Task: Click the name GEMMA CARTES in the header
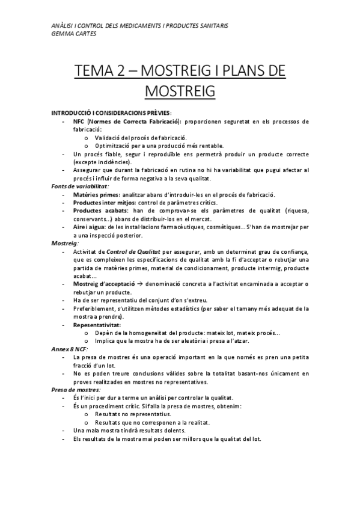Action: click(75, 34)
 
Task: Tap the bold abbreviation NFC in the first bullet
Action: click(78, 121)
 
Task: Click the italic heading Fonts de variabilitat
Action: click(75, 186)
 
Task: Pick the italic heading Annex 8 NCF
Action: click(69, 349)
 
